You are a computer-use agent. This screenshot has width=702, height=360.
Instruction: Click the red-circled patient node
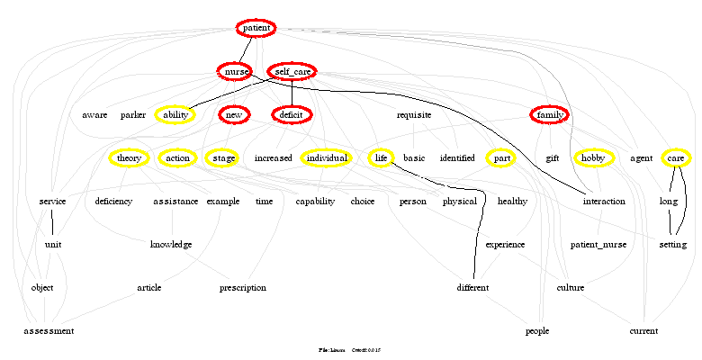pos(256,28)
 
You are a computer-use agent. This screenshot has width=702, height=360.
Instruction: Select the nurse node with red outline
pos(234,71)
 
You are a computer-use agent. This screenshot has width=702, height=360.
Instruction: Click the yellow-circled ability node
pos(175,114)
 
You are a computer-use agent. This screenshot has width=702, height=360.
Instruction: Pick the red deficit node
pos(291,114)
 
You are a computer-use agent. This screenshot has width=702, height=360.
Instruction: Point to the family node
pos(549,114)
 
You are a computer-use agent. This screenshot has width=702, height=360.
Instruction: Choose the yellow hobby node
pos(593,157)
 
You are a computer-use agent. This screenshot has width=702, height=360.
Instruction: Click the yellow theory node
pos(130,157)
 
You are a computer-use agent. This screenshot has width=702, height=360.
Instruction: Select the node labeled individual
pos(325,157)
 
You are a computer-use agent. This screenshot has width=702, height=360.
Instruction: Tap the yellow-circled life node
pos(382,157)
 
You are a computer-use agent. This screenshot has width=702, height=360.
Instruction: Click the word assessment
pos(49,330)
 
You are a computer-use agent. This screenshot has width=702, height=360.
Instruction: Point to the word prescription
pos(243,287)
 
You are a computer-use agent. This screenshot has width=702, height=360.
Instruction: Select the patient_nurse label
pos(598,244)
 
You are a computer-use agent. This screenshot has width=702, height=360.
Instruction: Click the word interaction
pos(604,201)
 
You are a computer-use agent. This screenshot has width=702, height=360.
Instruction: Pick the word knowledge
pos(171,244)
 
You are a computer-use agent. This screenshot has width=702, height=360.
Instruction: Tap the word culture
pos(571,287)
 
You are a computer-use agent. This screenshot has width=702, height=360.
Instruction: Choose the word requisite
pos(414,114)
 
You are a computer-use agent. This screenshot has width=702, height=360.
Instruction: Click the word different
pos(472,287)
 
